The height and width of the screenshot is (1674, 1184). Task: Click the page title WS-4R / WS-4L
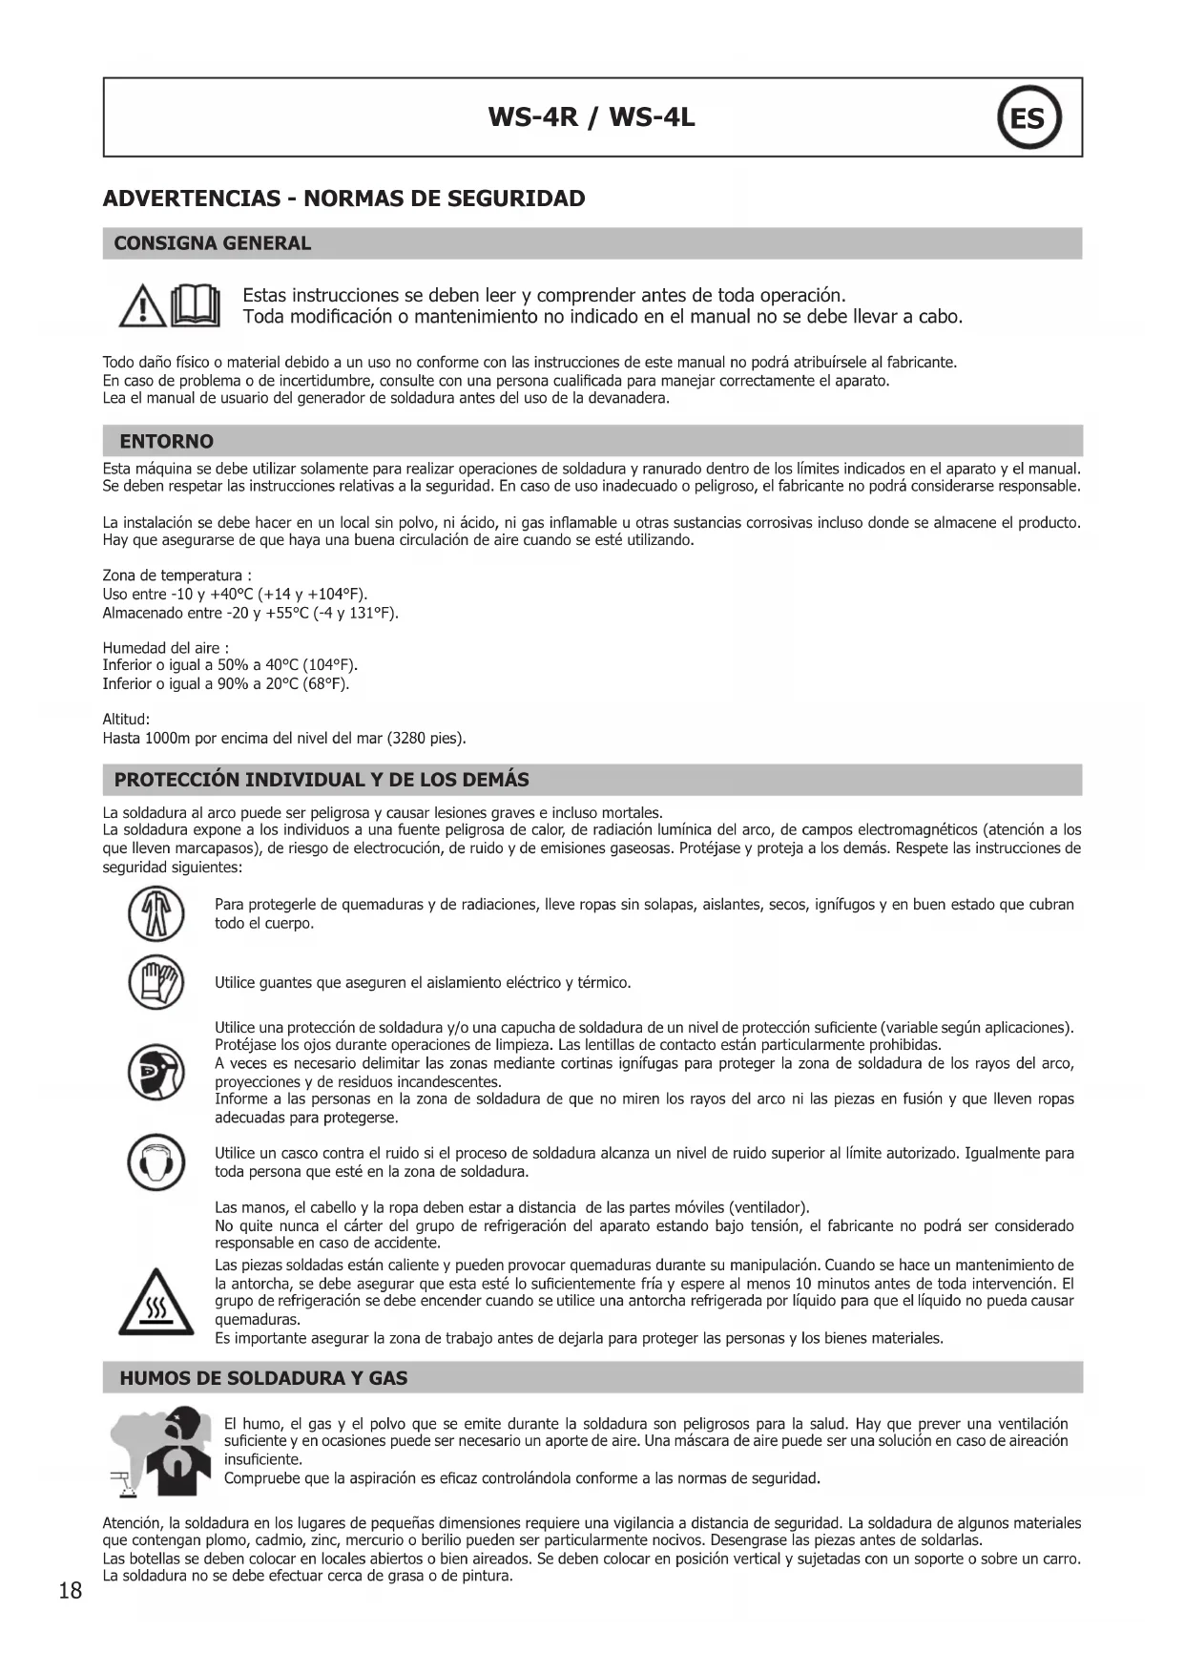592,117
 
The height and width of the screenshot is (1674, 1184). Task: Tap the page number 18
71,1590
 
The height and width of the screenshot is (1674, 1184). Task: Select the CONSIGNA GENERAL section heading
213,243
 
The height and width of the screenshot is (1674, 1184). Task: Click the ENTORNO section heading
167,441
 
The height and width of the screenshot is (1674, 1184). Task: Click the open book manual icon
195,305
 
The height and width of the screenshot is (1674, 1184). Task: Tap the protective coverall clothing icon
156,913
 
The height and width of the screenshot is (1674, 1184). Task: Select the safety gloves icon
156,982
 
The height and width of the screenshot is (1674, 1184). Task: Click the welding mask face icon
156,1072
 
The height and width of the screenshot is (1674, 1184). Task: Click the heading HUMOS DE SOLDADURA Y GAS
263,1378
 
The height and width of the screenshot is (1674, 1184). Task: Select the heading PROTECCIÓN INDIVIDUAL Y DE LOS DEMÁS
322,780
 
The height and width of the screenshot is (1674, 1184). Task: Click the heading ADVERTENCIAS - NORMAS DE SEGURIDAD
343,199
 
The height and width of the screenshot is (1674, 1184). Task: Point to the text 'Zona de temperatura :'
177,575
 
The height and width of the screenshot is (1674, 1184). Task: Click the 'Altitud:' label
126,720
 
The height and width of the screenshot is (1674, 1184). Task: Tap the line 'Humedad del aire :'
165,648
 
